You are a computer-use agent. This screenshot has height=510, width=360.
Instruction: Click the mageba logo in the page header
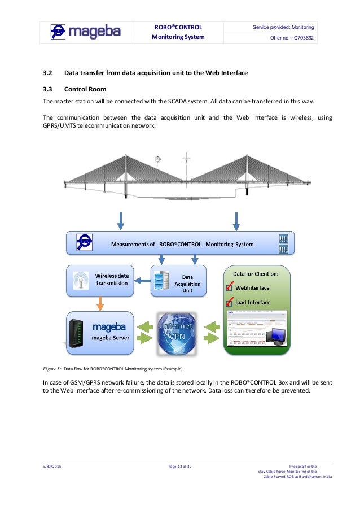pos(85,32)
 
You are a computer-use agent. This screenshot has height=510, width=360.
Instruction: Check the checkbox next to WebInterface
pos(229,288)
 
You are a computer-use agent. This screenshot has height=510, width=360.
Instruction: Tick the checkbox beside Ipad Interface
pos(229,303)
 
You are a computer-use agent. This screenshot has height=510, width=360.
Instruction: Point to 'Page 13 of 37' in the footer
pos(180,466)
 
